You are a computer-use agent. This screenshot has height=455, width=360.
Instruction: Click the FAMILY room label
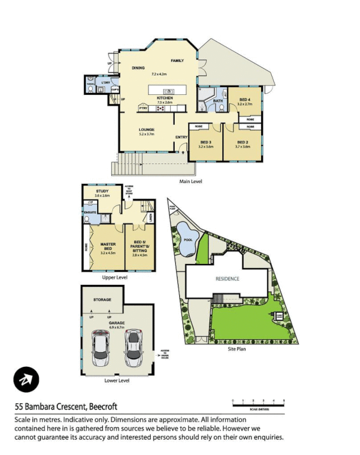tap(177, 60)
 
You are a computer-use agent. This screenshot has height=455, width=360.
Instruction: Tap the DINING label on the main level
tap(138, 68)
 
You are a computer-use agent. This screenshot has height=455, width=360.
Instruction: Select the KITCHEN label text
tap(165, 98)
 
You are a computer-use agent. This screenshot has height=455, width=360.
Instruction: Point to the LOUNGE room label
tap(147, 130)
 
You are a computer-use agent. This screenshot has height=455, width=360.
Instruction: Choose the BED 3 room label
tap(205, 142)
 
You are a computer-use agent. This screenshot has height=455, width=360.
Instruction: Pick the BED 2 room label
tap(242, 142)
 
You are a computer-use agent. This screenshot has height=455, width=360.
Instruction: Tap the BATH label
tap(218, 101)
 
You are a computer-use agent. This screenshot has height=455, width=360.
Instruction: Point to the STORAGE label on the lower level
tap(102, 300)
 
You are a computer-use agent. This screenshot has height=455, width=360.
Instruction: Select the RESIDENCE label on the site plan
tap(227, 279)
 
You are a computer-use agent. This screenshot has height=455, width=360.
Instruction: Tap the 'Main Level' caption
tap(191, 181)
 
